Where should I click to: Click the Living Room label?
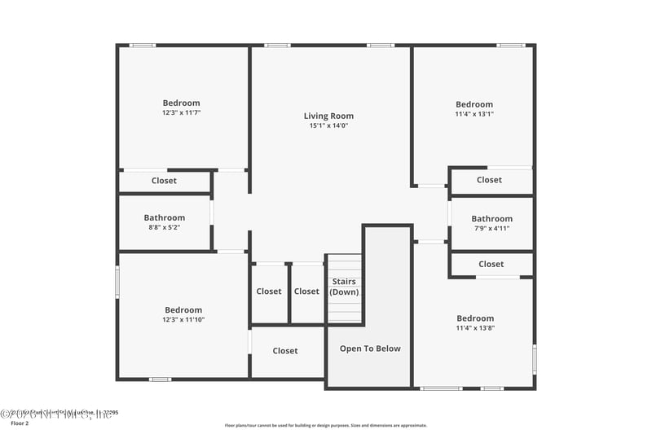pyautogui.click(x=328, y=116)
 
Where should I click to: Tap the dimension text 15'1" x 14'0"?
pyautogui.click(x=328, y=126)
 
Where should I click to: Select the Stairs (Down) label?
pyautogui.click(x=344, y=287)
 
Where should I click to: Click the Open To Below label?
pyautogui.click(x=370, y=349)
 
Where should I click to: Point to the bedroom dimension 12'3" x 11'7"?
pyautogui.click(x=181, y=113)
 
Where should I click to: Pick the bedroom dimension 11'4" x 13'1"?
pyautogui.click(x=474, y=114)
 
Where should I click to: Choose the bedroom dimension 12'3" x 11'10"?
pyautogui.click(x=183, y=320)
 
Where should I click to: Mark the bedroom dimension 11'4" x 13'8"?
pyautogui.click(x=475, y=328)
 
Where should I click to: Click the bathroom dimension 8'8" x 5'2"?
pyautogui.click(x=165, y=228)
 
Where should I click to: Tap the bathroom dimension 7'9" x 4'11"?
pyautogui.click(x=491, y=229)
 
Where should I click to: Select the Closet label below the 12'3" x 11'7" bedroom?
pyautogui.click(x=164, y=181)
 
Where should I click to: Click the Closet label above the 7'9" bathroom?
pyautogui.click(x=489, y=180)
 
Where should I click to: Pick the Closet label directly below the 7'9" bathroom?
pyautogui.click(x=491, y=264)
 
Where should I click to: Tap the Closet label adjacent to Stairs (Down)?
pyautogui.click(x=306, y=292)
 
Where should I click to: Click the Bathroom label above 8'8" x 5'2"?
pyautogui.click(x=165, y=218)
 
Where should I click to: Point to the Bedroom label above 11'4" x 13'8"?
pyautogui.click(x=475, y=318)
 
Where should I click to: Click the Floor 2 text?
pyautogui.click(x=19, y=423)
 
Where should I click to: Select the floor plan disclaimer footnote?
pyautogui.click(x=325, y=425)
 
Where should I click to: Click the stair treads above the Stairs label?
pyautogui.click(x=344, y=265)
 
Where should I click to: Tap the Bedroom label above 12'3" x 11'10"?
pyautogui.click(x=183, y=310)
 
